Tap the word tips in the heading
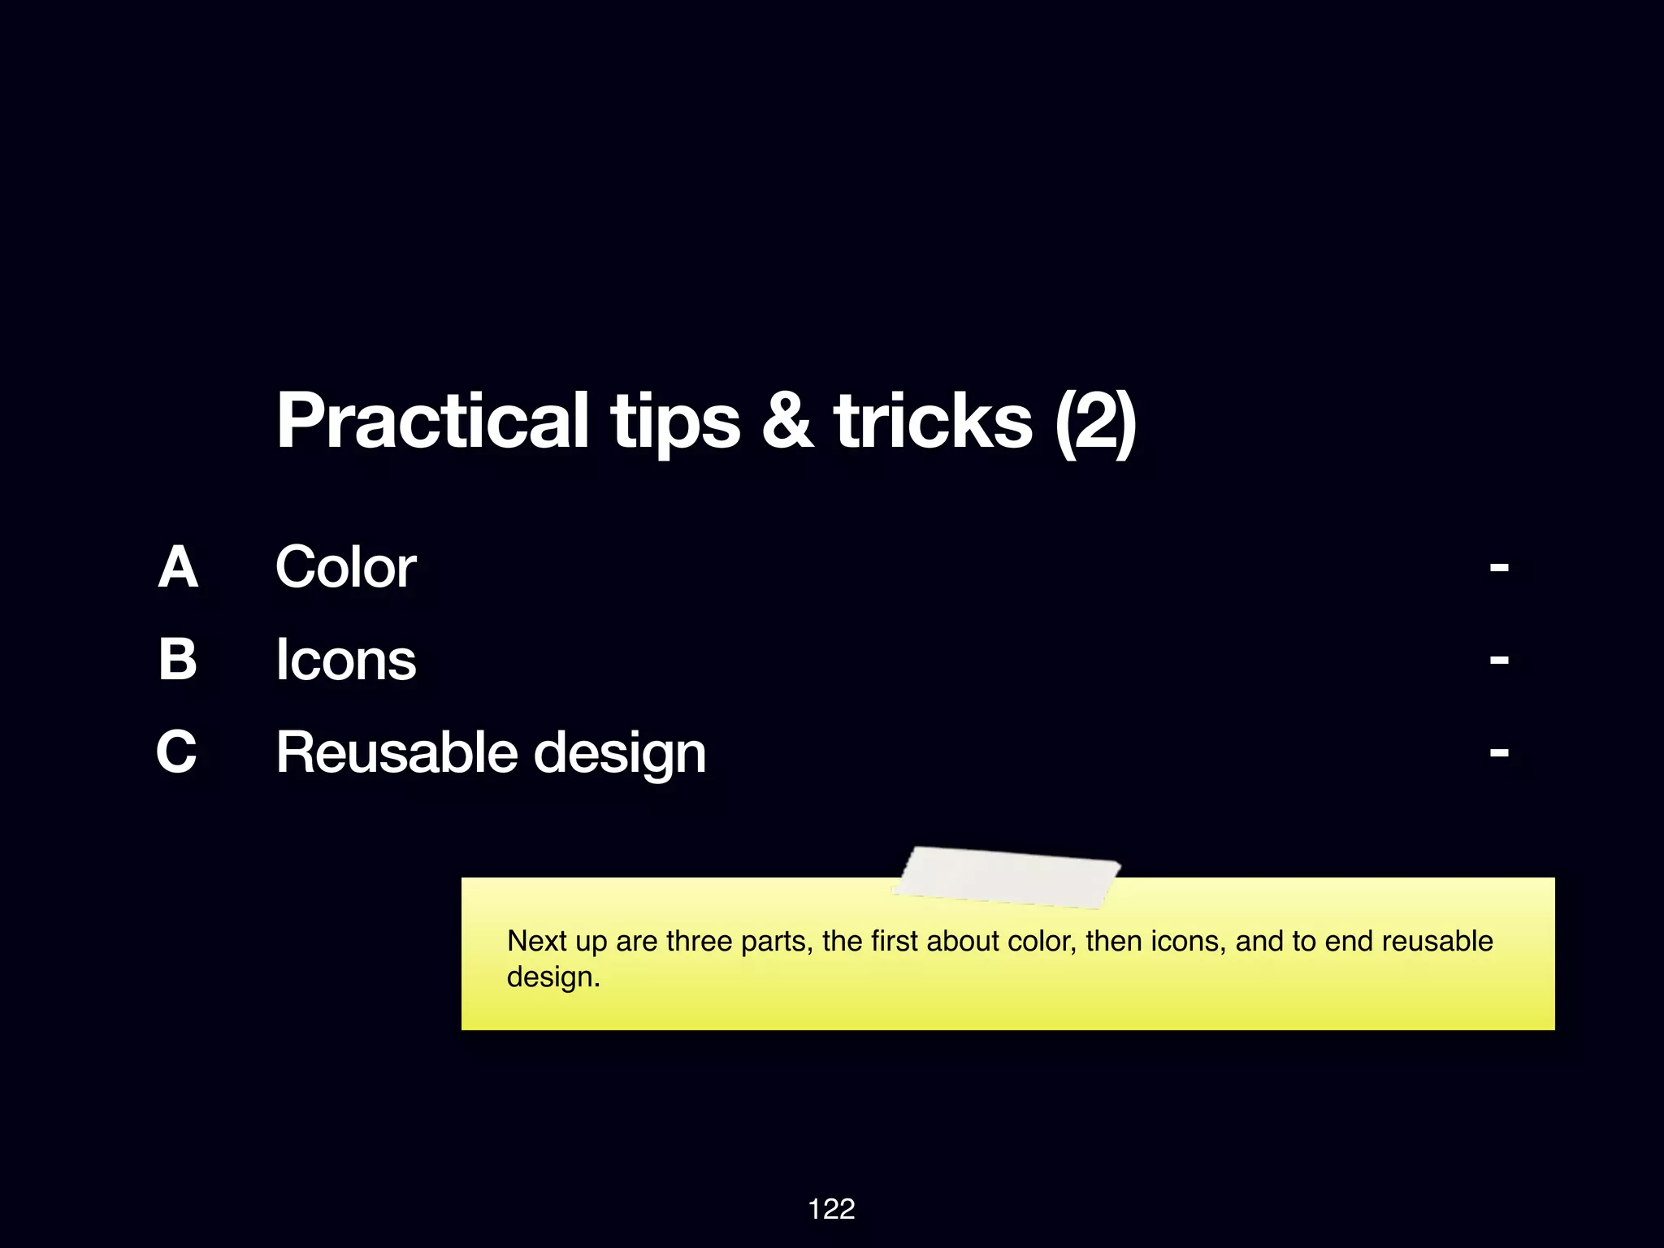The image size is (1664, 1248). tap(675, 421)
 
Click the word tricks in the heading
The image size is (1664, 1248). tap(933, 421)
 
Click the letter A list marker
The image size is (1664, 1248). tap(178, 567)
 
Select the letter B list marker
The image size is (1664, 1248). tap(178, 659)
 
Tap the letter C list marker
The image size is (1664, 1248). tap(177, 752)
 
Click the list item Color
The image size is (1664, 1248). tap(345, 567)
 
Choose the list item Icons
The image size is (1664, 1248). tap(345, 659)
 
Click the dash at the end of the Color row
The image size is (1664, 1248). tap(1499, 567)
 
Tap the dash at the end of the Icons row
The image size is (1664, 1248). tap(1499, 660)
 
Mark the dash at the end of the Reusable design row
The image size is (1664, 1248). tap(1499, 752)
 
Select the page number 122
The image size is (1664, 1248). tap(831, 1209)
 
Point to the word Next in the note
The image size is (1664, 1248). tap(537, 941)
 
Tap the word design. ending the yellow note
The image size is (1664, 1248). tap(553, 977)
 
